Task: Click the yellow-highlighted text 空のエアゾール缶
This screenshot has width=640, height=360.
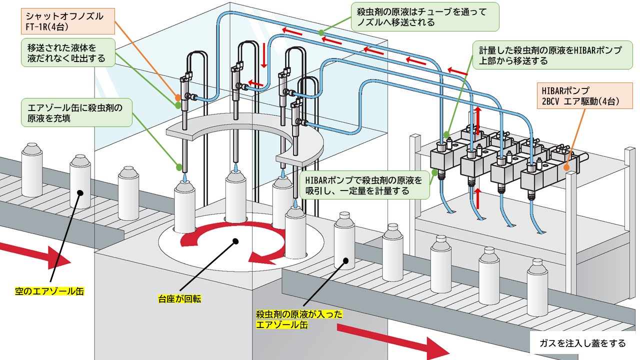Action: coord(49,291)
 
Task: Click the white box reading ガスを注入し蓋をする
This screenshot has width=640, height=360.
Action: coord(582,343)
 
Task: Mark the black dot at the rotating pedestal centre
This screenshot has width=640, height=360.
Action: coord(235,241)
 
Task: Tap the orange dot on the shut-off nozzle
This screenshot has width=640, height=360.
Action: coord(177,97)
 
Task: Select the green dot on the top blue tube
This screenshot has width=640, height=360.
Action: coord(322,33)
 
